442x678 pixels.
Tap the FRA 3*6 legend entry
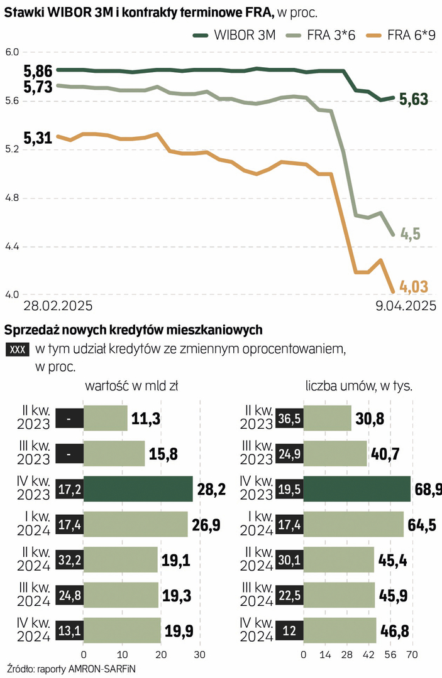[320, 36]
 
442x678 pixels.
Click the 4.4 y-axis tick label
[13, 247]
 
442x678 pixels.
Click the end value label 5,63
[414, 99]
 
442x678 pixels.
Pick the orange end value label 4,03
[414, 288]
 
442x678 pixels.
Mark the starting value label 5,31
[37, 139]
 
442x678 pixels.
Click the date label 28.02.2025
[58, 306]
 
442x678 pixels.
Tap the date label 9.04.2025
[402, 306]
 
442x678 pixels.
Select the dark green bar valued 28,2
[138, 488]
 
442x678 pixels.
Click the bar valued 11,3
[105, 418]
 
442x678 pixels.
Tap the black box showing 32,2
[69, 559]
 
